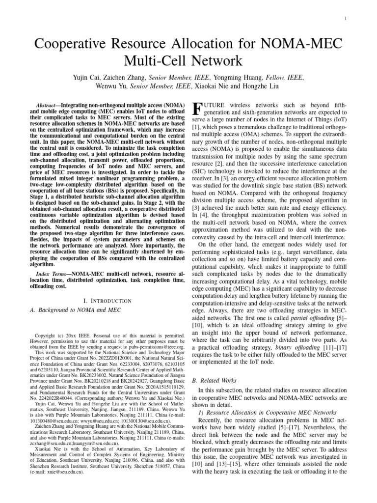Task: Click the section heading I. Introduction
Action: [x=108, y=300]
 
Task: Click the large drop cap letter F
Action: [x=195, y=110]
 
